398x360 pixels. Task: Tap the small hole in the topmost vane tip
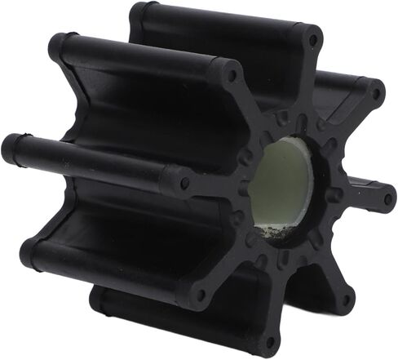coord(313,38)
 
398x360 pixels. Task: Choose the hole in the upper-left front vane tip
coord(232,74)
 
